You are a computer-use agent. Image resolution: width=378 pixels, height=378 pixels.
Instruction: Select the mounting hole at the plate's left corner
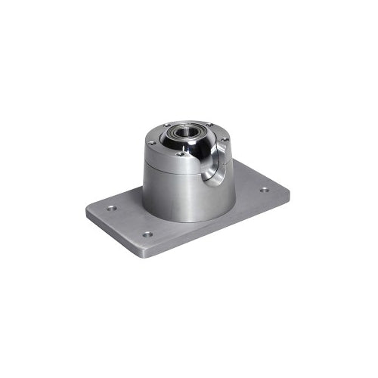pos(111,208)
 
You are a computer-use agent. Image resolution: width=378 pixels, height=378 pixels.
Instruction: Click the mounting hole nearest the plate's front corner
pos(147,234)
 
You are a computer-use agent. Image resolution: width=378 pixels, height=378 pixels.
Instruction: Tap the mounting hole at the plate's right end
pos(265,190)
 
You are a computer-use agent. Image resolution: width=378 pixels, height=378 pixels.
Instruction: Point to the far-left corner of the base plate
pos(86,211)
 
